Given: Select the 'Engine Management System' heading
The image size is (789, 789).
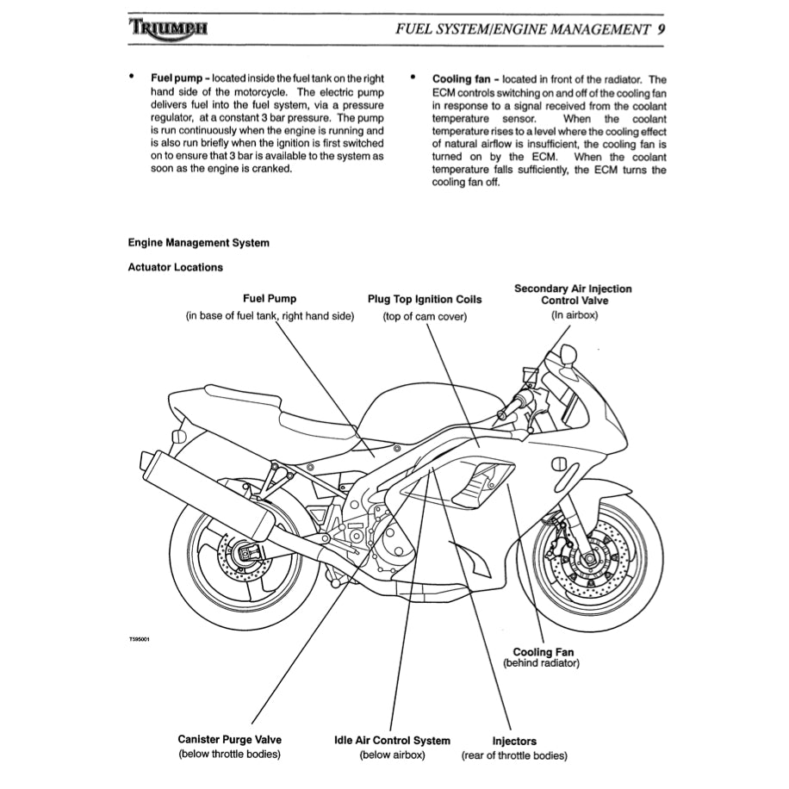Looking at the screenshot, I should pyautogui.click(x=198, y=243).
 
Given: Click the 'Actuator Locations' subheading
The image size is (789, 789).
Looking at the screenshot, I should pyautogui.click(x=175, y=267).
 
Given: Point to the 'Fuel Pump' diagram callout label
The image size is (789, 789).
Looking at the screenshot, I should pyautogui.click(x=270, y=299).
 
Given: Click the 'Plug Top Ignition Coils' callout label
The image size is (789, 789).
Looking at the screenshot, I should pyautogui.click(x=425, y=300).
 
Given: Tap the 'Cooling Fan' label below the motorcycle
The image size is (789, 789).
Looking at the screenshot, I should pyautogui.click(x=543, y=652).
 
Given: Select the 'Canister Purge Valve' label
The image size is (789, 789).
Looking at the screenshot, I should pyautogui.click(x=229, y=740).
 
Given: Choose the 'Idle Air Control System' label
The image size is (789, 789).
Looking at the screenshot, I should pyautogui.click(x=392, y=740).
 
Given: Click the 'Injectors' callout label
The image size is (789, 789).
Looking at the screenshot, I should pyautogui.click(x=514, y=741).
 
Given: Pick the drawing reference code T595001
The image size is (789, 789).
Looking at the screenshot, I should pyautogui.click(x=139, y=638).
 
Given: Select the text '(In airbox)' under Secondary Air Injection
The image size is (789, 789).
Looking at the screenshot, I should pyautogui.click(x=575, y=315).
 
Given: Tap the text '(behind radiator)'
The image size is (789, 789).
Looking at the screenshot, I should pyautogui.click(x=542, y=664).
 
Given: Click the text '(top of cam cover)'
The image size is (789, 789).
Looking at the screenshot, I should pyautogui.click(x=425, y=316).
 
